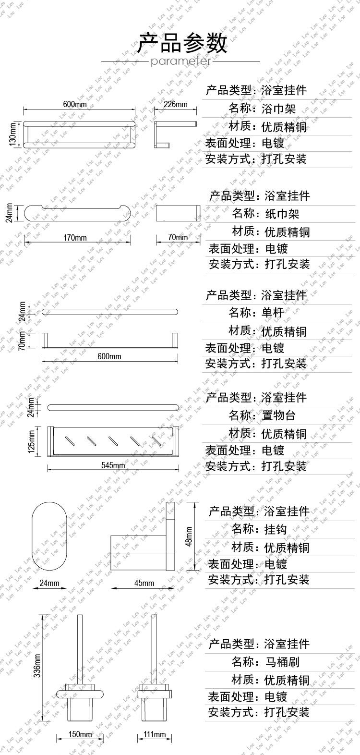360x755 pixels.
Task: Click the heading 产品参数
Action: click(182, 43)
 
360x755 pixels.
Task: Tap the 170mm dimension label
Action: click(75, 238)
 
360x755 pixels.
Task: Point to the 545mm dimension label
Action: click(113, 465)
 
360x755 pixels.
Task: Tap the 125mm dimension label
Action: click(31, 441)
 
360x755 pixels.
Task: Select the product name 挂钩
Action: click(276, 529)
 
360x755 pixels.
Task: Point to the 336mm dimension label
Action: click(37, 665)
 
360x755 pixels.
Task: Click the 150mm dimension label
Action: click(80, 735)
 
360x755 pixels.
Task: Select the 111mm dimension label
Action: click(154, 735)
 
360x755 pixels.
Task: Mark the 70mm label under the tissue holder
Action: click(178, 238)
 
